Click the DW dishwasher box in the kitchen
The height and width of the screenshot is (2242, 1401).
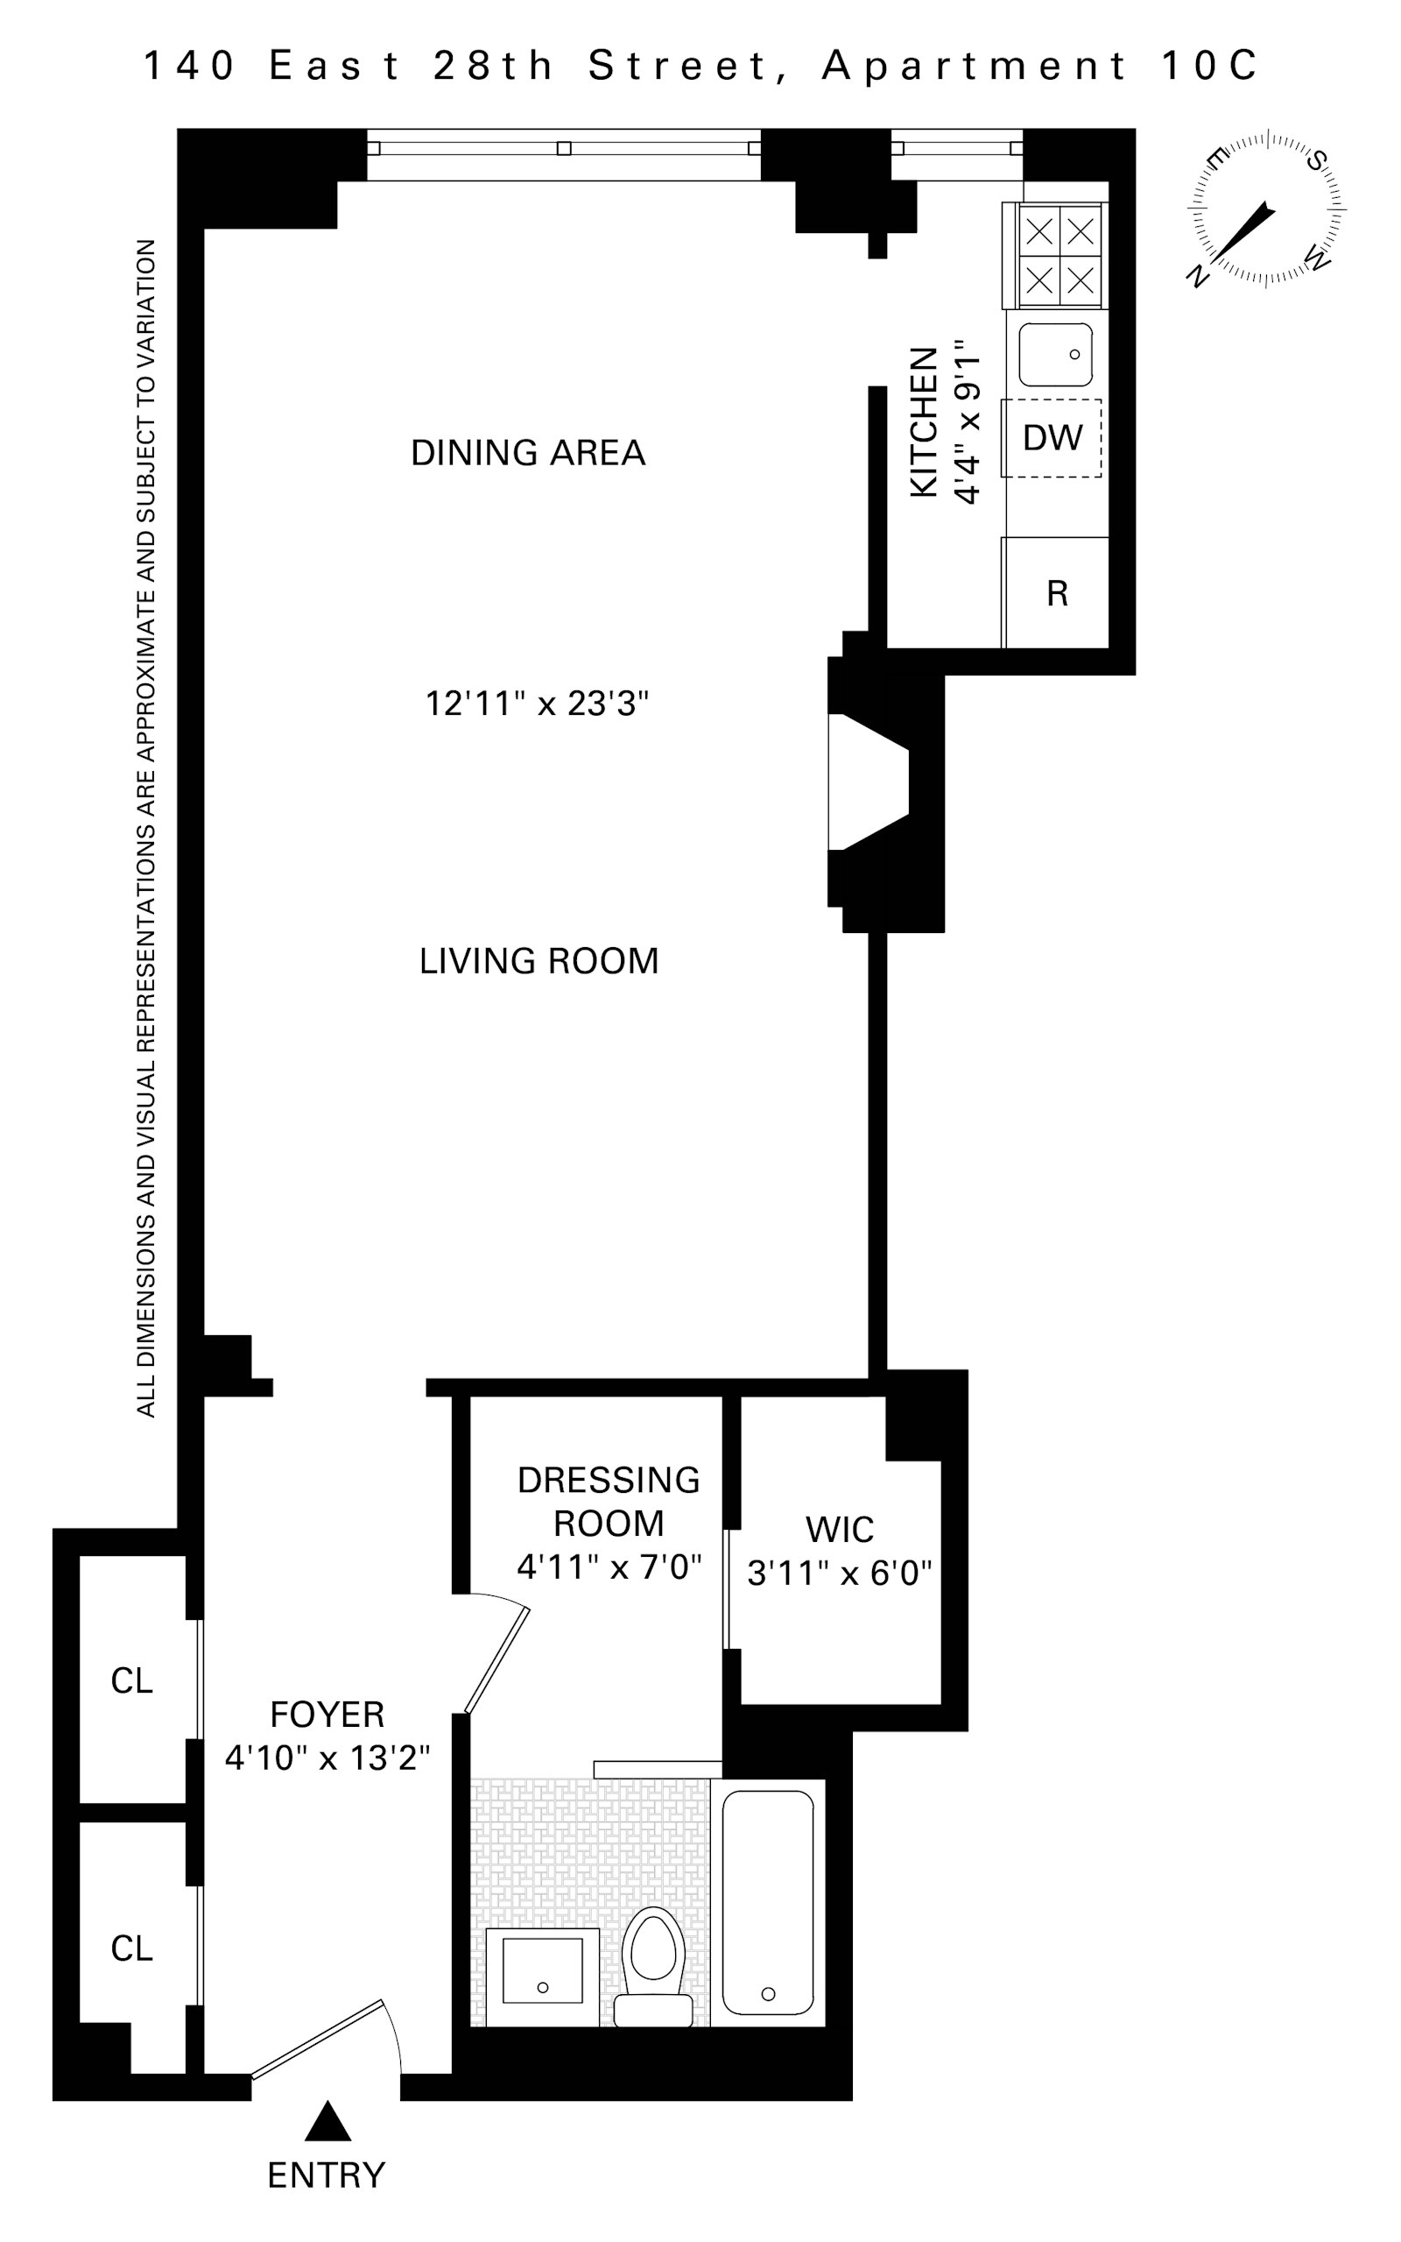[1053, 437]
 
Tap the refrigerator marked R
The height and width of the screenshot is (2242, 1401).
[1056, 593]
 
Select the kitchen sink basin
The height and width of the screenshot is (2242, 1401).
[1055, 354]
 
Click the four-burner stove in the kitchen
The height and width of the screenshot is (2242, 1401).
[1060, 255]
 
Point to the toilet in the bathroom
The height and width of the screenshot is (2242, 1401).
[653, 1969]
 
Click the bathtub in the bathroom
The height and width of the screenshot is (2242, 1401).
[767, 1902]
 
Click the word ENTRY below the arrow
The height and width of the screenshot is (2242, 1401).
[326, 2175]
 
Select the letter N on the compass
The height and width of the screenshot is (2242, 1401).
[1198, 275]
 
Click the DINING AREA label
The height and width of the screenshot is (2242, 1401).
[527, 453]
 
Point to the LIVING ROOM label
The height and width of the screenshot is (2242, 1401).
[539, 961]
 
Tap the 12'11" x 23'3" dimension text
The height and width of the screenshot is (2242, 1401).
[537, 704]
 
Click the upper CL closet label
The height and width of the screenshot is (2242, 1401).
[131, 1681]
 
